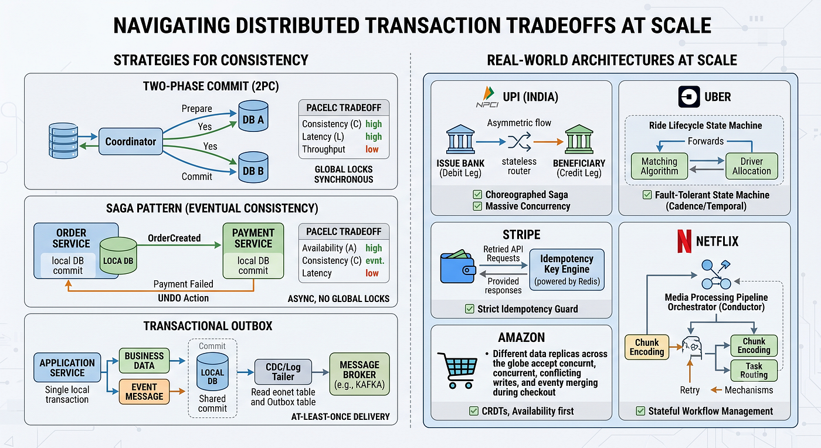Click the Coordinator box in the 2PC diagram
click(x=130, y=141)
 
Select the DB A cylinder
click(x=253, y=116)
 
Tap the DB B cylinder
click(x=253, y=168)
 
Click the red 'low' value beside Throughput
click(x=372, y=149)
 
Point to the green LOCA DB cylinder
click(x=118, y=256)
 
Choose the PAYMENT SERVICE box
click(x=253, y=251)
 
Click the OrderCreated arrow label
click(x=174, y=238)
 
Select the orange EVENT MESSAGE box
click(x=144, y=392)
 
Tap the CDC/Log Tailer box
click(x=283, y=372)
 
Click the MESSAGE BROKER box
click(x=359, y=374)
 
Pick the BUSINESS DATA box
click(x=144, y=361)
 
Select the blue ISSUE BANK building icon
click(x=460, y=140)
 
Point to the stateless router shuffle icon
click(x=520, y=141)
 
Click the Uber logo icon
click(x=689, y=97)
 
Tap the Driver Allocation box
click(x=752, y=166)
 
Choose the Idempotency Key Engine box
click(x=566, y=270)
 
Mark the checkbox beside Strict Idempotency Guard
click(x=470, y=309)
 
